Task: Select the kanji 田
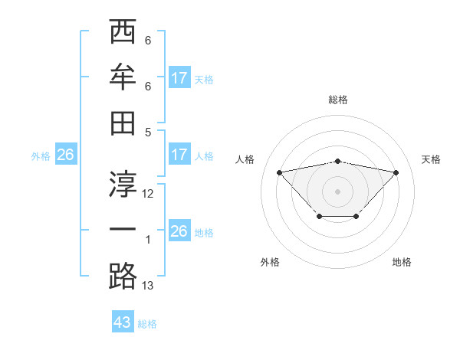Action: [x=123, y=123]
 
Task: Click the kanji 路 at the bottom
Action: [x=123, y=277]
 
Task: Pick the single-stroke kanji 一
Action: [x=123, y=231]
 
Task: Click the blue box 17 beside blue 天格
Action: [x=179, y=77]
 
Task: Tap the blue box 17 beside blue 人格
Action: [x=179, y=155]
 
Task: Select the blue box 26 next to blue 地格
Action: [x=179, y=231]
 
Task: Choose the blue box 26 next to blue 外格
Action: [x=65, y=155]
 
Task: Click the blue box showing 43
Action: [x=123, y=322]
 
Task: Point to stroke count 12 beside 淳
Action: [x=148, y=194]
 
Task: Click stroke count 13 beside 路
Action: [x=148, y=286]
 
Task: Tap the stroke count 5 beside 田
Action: [x=147, y=132]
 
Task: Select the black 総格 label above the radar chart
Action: [x=338, y=100]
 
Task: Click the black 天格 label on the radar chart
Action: [x=431, y=159]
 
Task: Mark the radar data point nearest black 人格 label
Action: [x=279, y=172]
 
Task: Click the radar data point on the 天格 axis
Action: [x=396, y=172]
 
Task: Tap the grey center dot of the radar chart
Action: [x=337, y=191]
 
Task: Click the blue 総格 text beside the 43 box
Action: [x=147, y=324]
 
